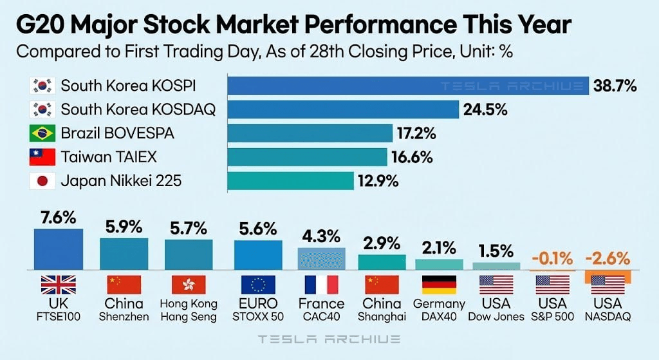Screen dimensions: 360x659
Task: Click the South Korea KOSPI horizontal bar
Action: [x=408, y=85]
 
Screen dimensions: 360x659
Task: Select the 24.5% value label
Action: [x=485, y=109]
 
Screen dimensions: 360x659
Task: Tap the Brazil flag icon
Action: [x=42, y=133]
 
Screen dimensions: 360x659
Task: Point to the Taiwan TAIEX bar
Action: [x=307, y=157]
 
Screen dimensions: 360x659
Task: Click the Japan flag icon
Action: [x=42, y=181]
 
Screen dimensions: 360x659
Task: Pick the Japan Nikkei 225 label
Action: [x=121, y=181]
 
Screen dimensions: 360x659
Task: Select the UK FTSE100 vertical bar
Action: [x=59, y=249]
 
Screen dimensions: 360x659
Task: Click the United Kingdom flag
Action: [x=59, y=284]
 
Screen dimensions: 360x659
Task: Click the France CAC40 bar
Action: [x=321, y=258]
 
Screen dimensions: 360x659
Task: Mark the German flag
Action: [x=439, y=284]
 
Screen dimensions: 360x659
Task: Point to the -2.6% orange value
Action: [x=607, y=259]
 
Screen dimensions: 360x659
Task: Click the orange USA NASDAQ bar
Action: [x=608, y=276]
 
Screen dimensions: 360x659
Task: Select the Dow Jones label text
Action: [x=496, y=316]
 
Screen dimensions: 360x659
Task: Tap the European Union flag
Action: [x=257, y=284]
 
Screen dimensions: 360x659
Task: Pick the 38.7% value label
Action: [x=615, y=85]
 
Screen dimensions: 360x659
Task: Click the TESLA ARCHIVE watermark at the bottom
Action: [x=329, y=339]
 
